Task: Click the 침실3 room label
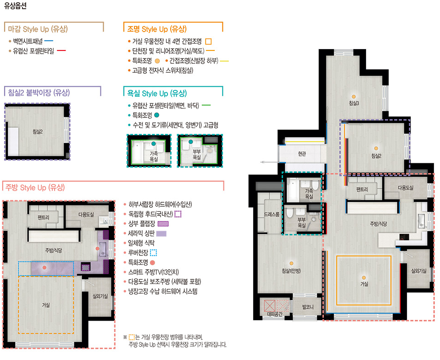pos(354,103)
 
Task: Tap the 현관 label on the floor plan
pos(302,154)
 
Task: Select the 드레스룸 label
pos(272,215)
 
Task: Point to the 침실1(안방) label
pos(291,271)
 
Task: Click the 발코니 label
pos(308,307)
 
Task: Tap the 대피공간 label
pos(275,314)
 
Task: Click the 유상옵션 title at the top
pos(15,6)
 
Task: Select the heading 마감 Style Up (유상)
pos(38,29)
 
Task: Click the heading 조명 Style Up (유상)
pos(157,29)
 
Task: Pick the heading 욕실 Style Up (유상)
pos(157,94)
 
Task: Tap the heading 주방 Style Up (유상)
pos(35,187)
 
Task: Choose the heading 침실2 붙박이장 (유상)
pos(39,93)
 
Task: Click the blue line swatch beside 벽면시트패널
pos(49,41)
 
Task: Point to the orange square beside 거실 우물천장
pos(208,41)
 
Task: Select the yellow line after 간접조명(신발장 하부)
pos(224,61)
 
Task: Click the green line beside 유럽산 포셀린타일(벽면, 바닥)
pos(206,105)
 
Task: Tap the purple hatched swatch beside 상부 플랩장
pos(163,224)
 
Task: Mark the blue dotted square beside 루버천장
pos(154,253)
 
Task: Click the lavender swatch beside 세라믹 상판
pos(162,233)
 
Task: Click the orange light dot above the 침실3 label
pos(354,97)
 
